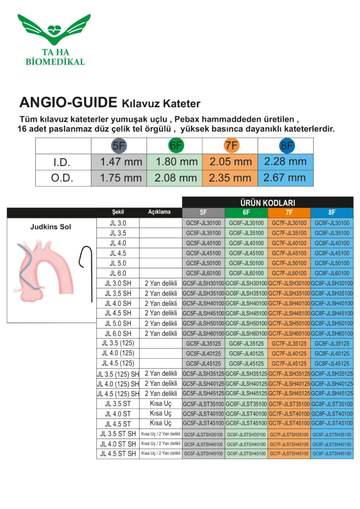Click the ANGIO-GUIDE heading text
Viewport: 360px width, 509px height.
(68, 103)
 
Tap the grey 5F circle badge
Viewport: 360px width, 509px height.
(119, 146)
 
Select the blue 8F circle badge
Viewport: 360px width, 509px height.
(286, 146)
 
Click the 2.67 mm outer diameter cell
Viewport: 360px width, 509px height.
(285, 177)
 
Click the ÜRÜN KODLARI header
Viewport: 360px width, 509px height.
(268, 203)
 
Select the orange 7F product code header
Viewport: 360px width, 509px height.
(289, 212)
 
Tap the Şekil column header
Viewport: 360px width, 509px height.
(118, 212)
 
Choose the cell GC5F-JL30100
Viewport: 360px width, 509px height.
(203, 223)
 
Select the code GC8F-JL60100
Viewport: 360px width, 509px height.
(332, 273)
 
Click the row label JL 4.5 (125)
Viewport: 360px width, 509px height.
(118, 363)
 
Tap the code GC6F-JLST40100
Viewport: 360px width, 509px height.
(246, 414)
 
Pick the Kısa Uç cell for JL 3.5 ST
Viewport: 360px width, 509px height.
(161, 404)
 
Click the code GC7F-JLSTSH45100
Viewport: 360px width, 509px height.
(289, 454)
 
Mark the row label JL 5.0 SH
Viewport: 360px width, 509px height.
(118, 323)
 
